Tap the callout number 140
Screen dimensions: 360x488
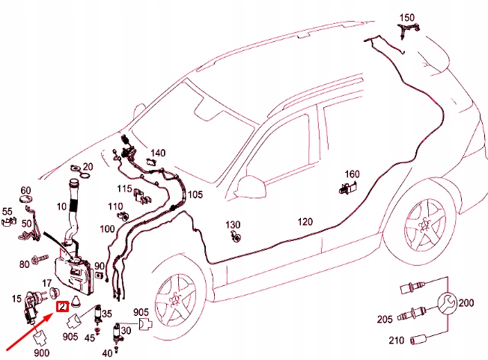click(158, 152)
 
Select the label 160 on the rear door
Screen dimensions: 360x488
click(352, 175)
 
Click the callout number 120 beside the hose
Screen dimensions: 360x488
click(305, 222)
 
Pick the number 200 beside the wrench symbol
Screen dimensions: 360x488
click(466, 303)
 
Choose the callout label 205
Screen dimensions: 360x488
click(383, 320)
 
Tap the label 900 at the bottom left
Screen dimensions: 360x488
click(41, 352)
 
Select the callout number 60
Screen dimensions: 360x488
click(25, 190)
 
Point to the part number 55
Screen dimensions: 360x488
click(8, 211)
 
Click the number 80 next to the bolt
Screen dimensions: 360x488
click(24, 263)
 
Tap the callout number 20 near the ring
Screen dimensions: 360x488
click(88, 166)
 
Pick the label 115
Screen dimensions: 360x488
click(124, 188)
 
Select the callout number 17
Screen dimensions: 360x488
click(46, 283)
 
